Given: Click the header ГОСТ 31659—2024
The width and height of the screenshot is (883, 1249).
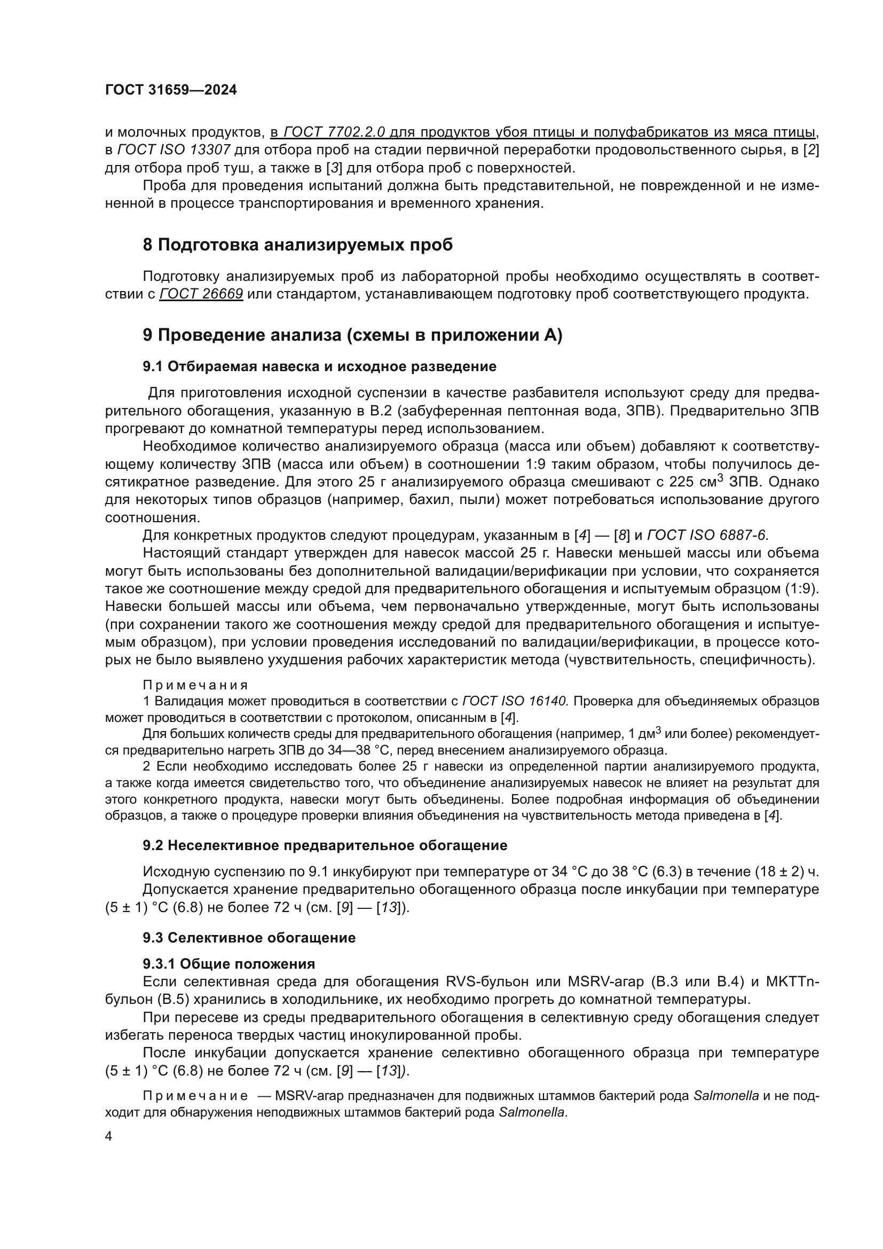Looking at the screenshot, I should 171,90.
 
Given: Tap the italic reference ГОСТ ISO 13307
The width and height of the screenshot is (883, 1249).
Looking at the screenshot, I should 174,150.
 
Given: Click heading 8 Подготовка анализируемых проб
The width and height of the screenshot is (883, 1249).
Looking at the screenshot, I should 297,245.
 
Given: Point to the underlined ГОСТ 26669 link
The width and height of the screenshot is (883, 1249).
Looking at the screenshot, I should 201,295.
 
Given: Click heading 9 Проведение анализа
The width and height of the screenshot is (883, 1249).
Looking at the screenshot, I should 352,335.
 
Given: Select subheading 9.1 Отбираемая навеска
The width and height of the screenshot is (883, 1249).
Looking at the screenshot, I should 319,367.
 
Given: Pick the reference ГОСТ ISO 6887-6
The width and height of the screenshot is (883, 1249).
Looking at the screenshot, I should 707,535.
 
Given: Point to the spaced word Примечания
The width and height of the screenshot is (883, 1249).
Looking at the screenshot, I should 195,685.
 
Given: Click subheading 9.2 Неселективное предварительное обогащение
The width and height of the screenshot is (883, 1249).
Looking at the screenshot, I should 325,845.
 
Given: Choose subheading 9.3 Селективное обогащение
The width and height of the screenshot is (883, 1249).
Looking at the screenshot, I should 249,938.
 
